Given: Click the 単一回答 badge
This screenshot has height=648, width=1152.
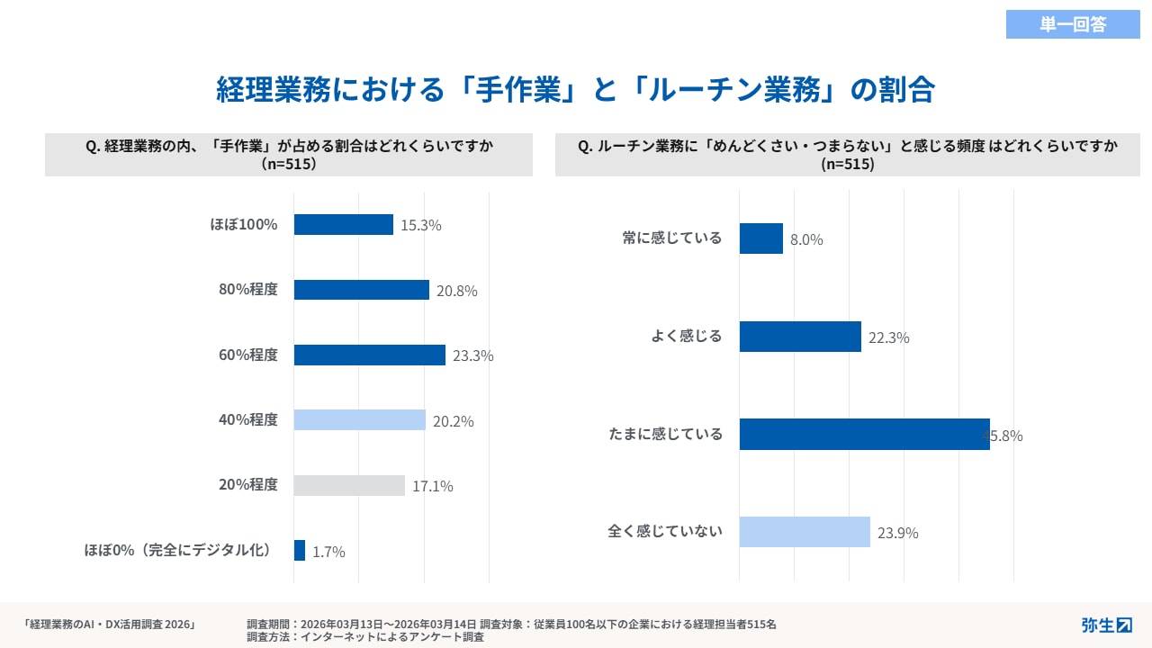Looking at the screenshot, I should point(1073,24).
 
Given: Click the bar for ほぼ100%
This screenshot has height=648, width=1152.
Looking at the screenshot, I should point(344,224).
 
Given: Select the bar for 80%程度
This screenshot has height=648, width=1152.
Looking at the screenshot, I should point(362,290).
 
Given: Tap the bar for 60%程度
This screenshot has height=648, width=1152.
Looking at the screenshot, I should point(370,355).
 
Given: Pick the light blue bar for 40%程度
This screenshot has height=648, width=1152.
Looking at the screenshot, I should point(360,420).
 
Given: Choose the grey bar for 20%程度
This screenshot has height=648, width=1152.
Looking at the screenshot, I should point(349,485).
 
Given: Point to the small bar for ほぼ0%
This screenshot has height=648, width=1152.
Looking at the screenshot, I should point(300,551).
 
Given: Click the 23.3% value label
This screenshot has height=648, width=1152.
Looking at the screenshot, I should point(473,355).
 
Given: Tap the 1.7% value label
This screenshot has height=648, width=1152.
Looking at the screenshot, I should point(329,552).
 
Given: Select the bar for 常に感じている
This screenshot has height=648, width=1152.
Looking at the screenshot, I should point(761,238).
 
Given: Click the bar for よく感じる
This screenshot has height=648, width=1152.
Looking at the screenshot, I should point(800,337).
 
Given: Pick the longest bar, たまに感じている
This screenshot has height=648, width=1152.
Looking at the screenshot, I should point(864,435).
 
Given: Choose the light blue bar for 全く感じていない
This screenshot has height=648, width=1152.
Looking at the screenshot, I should point(805,532).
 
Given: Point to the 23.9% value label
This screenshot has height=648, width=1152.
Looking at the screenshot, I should point(898,533).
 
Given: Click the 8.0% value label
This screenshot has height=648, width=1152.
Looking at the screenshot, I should point(806,240).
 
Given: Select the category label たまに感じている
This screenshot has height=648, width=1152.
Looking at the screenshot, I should point(665,434).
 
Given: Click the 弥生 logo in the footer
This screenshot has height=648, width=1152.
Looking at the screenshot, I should point(1106,625).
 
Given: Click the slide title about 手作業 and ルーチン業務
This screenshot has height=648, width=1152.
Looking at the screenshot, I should point(575,90).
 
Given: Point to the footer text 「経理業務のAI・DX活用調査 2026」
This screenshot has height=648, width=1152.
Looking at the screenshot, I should point(110,624).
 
